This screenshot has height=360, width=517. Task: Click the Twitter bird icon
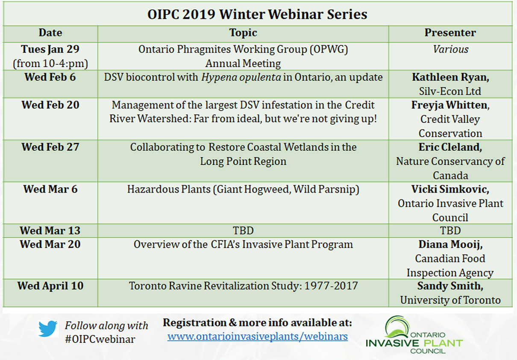coord(48,328)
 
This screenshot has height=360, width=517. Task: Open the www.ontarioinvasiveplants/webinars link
coord(257,337)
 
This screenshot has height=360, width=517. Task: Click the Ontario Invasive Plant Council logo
coord(414,335)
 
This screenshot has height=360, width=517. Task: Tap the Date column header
coord(50,32)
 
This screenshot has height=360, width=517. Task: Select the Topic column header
coord(243,32)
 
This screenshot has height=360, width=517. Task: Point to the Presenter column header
coord(450,32)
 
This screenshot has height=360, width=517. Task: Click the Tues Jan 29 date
coord(50,49)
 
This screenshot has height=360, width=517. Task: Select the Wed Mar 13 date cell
coord(50,230)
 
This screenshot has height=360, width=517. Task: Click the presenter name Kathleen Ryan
coord(450,77)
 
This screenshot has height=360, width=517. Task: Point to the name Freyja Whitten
coord(450,105)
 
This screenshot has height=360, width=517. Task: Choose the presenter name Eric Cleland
coord(450,147)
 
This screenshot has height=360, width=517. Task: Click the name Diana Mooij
coord(450,244)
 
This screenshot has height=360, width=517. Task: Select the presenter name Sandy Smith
coord(450,286)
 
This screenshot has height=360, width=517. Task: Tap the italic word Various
coord(450,49)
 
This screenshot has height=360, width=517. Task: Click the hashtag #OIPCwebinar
coord(100,339)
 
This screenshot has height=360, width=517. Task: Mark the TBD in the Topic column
coord(243,231)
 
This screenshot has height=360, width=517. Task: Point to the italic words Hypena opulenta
coord(241,77)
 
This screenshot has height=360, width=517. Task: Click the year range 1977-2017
coord(331,286)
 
